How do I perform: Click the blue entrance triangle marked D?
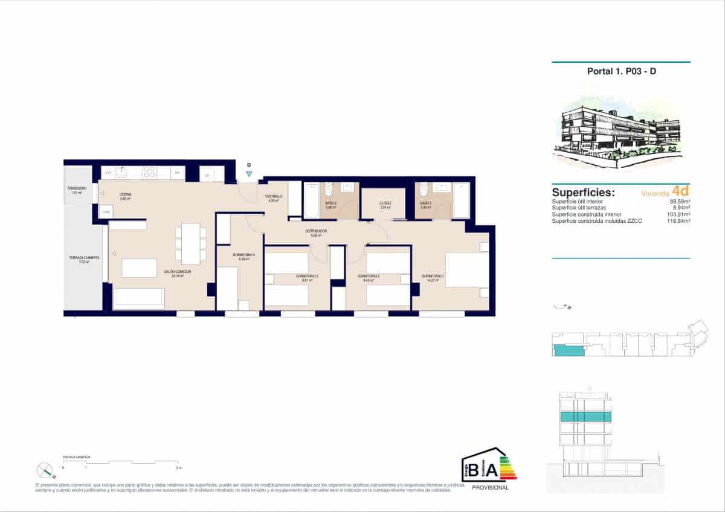(249, 174)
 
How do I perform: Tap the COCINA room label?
(126, 194)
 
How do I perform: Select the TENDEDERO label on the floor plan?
(77, 189)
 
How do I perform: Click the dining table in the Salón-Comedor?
(190, 243)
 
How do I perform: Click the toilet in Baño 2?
(329, 188)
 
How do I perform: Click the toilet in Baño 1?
(424, 188)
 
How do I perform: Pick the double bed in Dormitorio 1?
(466, 269)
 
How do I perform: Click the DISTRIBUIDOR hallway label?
(315, 231)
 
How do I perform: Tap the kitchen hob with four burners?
(149, 173)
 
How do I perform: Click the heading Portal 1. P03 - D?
(621, 71)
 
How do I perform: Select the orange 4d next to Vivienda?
(680, 191)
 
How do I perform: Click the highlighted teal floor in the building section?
(585, 417)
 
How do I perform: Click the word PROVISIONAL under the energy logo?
(490, 488)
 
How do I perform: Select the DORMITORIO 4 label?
(243, 255)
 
